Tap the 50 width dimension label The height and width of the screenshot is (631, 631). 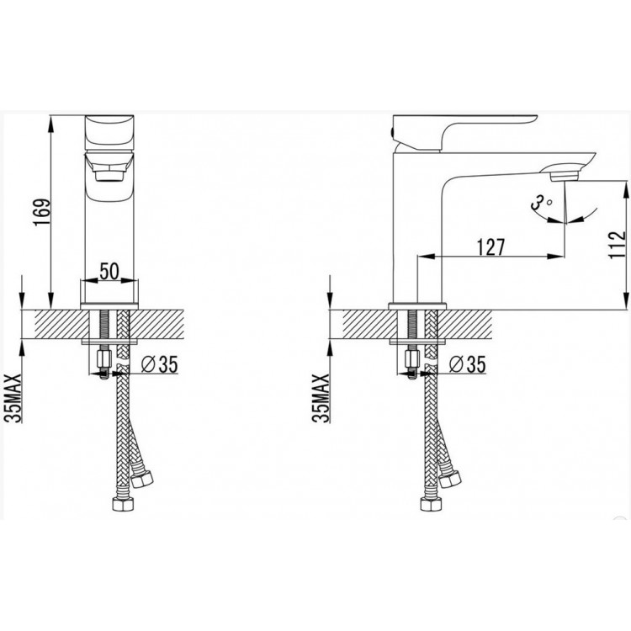pyautogui.click(x=109, y=271)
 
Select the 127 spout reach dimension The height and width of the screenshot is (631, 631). pyautogui.click(x=490, y=247)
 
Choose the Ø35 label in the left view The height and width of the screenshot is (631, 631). pyautogui.click(x=159, y=364)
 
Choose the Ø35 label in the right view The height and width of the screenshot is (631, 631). pyautogui.click(x=467, y=364)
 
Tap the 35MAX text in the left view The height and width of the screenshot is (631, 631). pyautogui.click(x=13, y=398)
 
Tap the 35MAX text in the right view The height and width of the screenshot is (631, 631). pyautogui.click(x=321, y=398)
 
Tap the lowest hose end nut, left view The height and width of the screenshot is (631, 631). pyautogui.click(x=122, y=504)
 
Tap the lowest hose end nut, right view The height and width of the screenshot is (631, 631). pyautogui.click(x=431, y=504)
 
